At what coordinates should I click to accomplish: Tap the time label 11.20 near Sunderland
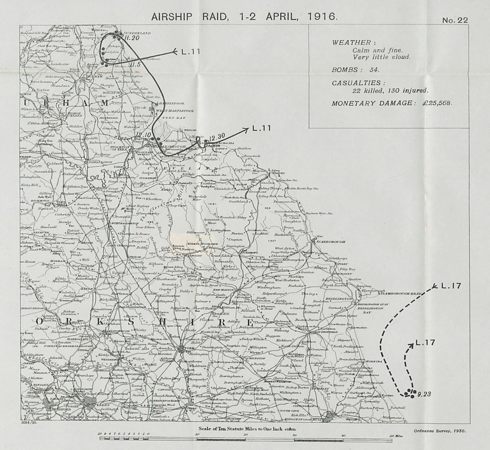click(132, 38)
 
